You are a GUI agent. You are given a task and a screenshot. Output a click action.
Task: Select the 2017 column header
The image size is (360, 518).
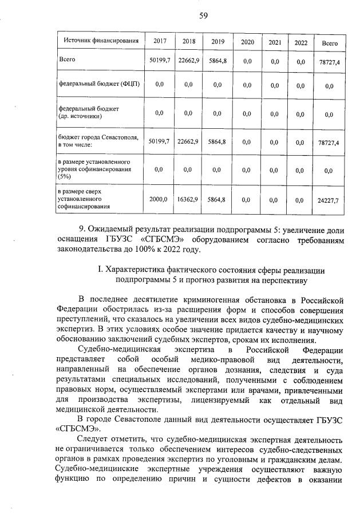[160, 42]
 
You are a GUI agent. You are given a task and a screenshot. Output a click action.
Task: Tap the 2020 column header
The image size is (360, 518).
[247, 42]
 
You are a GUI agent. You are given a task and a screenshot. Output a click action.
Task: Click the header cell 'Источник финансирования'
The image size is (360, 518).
[101, 42]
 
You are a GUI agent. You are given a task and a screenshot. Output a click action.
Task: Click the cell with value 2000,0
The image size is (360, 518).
[159, 200]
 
